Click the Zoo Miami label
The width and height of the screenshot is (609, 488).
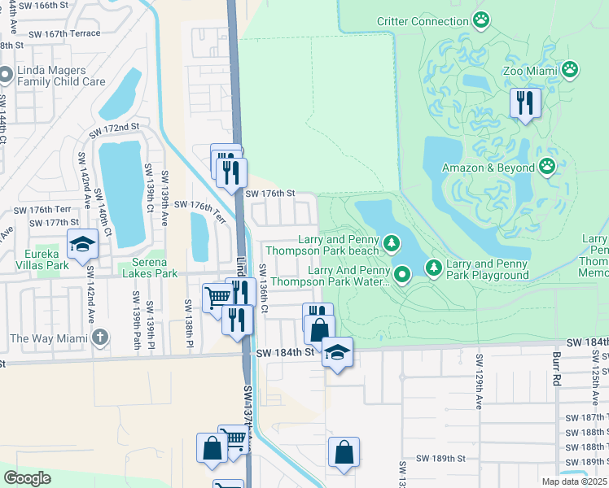pos(533,70)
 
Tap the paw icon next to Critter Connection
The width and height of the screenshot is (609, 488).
pos(482,18)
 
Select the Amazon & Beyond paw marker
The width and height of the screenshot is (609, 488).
pos(548,168)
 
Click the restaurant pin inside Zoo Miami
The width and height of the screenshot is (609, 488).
pos(525,102)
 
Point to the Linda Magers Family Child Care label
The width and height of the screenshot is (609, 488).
pos(60,76)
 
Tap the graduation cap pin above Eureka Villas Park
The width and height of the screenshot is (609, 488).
pos(82,243)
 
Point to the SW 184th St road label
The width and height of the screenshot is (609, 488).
pos(284,353)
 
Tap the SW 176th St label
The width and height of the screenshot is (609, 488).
pos(269,194)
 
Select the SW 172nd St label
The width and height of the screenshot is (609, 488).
pos(115,129)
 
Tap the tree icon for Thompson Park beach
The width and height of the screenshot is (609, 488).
pos(392,243)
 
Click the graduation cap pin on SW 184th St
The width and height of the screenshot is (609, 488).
pos(336,351)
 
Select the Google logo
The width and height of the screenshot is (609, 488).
pos(27,478)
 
